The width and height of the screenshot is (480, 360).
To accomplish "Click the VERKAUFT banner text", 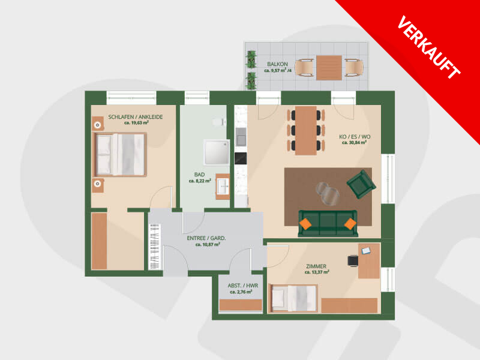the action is pos(428,47).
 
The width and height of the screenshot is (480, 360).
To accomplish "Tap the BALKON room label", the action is pos(277,64).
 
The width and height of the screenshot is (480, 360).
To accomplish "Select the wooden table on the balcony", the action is pos(329,68).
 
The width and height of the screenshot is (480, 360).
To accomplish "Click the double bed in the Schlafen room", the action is pos(121,155).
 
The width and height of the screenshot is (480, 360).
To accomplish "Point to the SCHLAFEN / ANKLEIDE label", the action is pos(136,117).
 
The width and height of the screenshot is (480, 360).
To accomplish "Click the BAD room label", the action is pos(199,175).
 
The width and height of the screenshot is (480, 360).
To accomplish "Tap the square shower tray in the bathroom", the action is pos(217,152).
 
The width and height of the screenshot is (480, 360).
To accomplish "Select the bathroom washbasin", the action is pos(223,186).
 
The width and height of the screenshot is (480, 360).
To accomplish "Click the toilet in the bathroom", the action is pos(219,122).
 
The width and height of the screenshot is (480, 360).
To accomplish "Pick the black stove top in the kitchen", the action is pos(241,158).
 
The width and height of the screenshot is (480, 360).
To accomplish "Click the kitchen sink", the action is pos(241,137).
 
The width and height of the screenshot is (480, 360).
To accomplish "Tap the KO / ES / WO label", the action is pos(355,137).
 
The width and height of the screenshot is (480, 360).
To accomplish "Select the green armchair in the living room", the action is pos(361,184).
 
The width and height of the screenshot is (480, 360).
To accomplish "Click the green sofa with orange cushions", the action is pos(328,223).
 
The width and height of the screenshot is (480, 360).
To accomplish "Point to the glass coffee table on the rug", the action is pos(327,193).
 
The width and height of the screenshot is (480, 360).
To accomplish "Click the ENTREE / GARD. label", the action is pos(206,238).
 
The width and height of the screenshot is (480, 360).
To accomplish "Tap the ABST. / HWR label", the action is pos(243,286).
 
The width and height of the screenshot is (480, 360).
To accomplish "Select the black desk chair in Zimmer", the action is pos(353,261).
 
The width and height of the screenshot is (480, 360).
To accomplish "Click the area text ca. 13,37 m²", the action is pos(317,272).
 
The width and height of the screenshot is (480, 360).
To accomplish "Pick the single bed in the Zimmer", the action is pos(293,298).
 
